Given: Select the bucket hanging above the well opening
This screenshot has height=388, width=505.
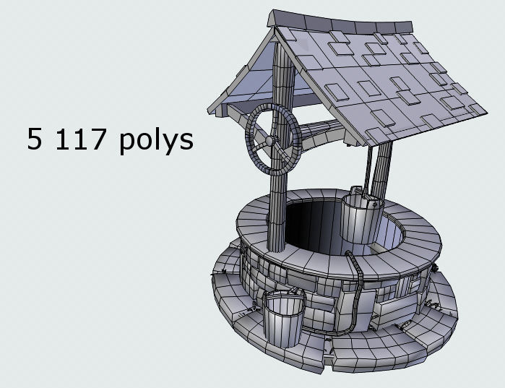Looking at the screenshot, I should tap(359, 216).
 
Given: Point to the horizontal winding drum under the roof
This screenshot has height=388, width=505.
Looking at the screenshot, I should tap(318, 132).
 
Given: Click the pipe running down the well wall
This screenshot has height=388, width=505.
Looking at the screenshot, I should tap(358, 289).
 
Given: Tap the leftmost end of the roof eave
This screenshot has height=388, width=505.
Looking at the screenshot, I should tap(210, 112).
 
